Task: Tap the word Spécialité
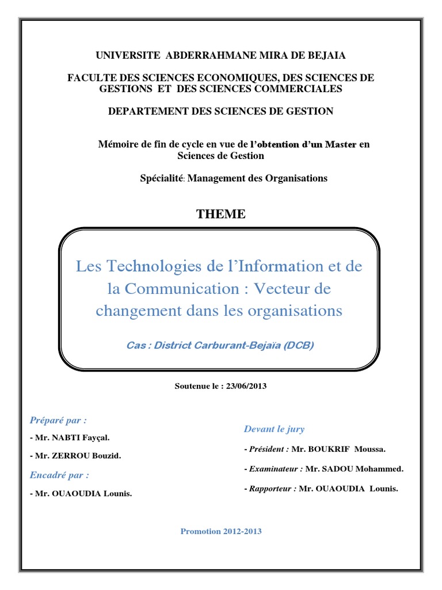(x=161, y=178)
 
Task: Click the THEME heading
(x=221, y=214)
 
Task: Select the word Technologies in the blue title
(x=151, y=266)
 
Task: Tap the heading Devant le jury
(x=275, y=429)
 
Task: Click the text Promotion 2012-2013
(x=221, y=531)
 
